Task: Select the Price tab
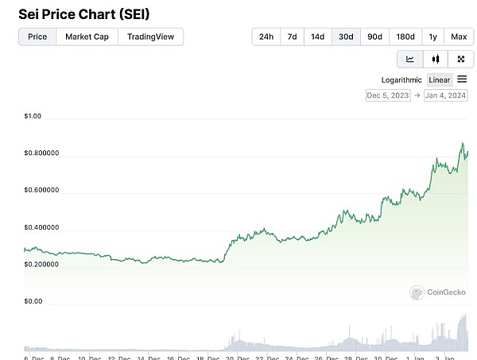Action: pos(37,37)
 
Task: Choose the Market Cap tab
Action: pos(87,37)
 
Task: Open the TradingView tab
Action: pos(150,37)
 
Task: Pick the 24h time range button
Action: pos(266,37)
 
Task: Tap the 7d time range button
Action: pos(292,37)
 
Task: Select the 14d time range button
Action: pos(318,37)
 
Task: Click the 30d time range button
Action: pos(346,37)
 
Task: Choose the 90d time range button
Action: pos(374,37)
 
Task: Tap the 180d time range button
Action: pos(405,37)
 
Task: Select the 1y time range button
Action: pos(433,37)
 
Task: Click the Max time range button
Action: pos(459,37)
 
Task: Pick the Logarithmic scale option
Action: pos(401,79)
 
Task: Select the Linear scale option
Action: pos(440,79)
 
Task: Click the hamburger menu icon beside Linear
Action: pos(463,79)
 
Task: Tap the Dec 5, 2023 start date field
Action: pos(387,95)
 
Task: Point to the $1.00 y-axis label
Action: pos(33,117)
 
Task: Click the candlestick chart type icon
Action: pos(435,59)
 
